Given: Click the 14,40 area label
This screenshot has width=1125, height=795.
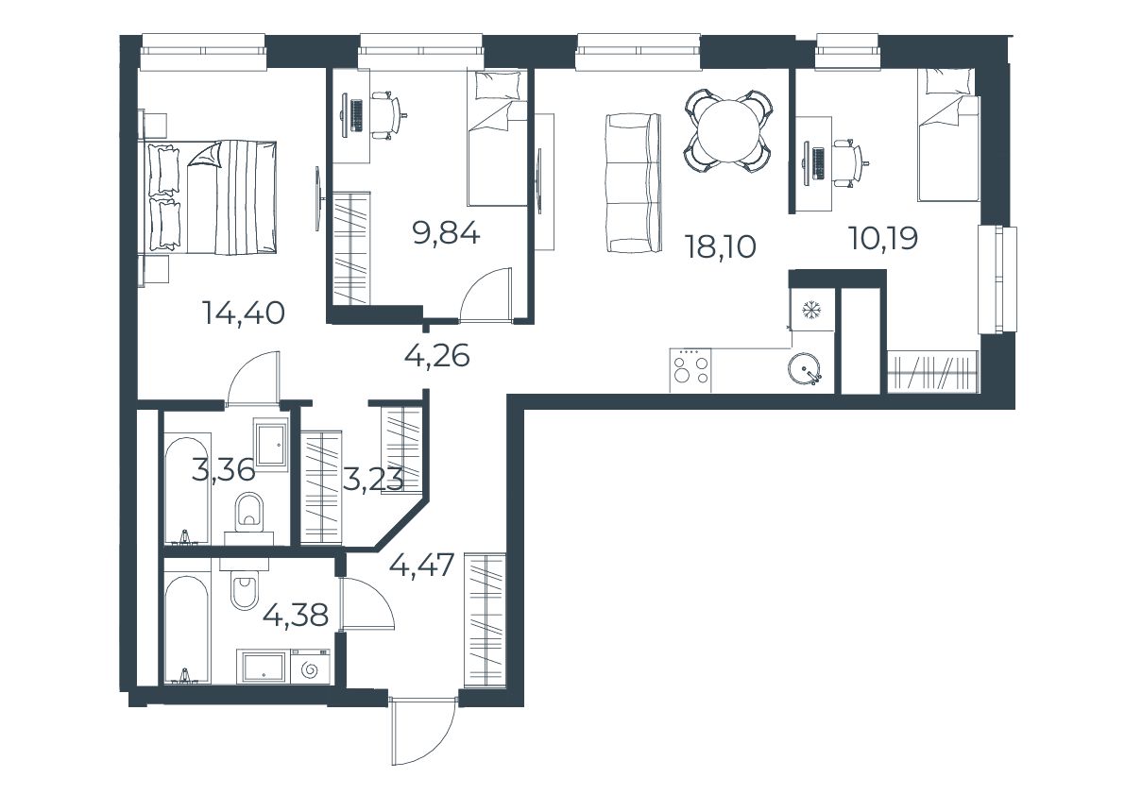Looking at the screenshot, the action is (x=244, y=313).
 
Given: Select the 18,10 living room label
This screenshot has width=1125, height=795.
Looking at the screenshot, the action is (x=721, y=247).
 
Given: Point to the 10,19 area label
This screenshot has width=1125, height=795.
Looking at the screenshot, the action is (x=883, y=238).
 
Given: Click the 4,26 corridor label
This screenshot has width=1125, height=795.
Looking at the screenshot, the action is (x=437, y=355).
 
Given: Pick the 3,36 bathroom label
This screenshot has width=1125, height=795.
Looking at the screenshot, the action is (x=223, y=471).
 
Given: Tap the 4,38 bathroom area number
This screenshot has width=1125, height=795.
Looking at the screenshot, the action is (x=296, y=615).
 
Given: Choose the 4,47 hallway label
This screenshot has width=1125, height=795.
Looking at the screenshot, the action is (x=422, y=566).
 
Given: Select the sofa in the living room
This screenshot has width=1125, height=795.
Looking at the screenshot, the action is (x=633, y=183).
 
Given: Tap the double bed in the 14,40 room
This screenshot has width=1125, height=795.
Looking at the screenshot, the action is (x=212, y=197).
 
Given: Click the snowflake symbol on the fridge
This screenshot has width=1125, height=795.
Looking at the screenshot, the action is (x=811, y=310).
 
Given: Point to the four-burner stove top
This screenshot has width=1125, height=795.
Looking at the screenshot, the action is (x=690, y=370).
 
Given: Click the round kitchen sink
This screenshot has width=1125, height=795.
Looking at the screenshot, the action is (x=806, y=370).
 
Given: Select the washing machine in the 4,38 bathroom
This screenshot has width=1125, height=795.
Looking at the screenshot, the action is (x=310, y=668).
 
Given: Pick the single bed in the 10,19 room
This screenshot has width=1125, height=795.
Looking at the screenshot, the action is (x=947, y=135).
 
